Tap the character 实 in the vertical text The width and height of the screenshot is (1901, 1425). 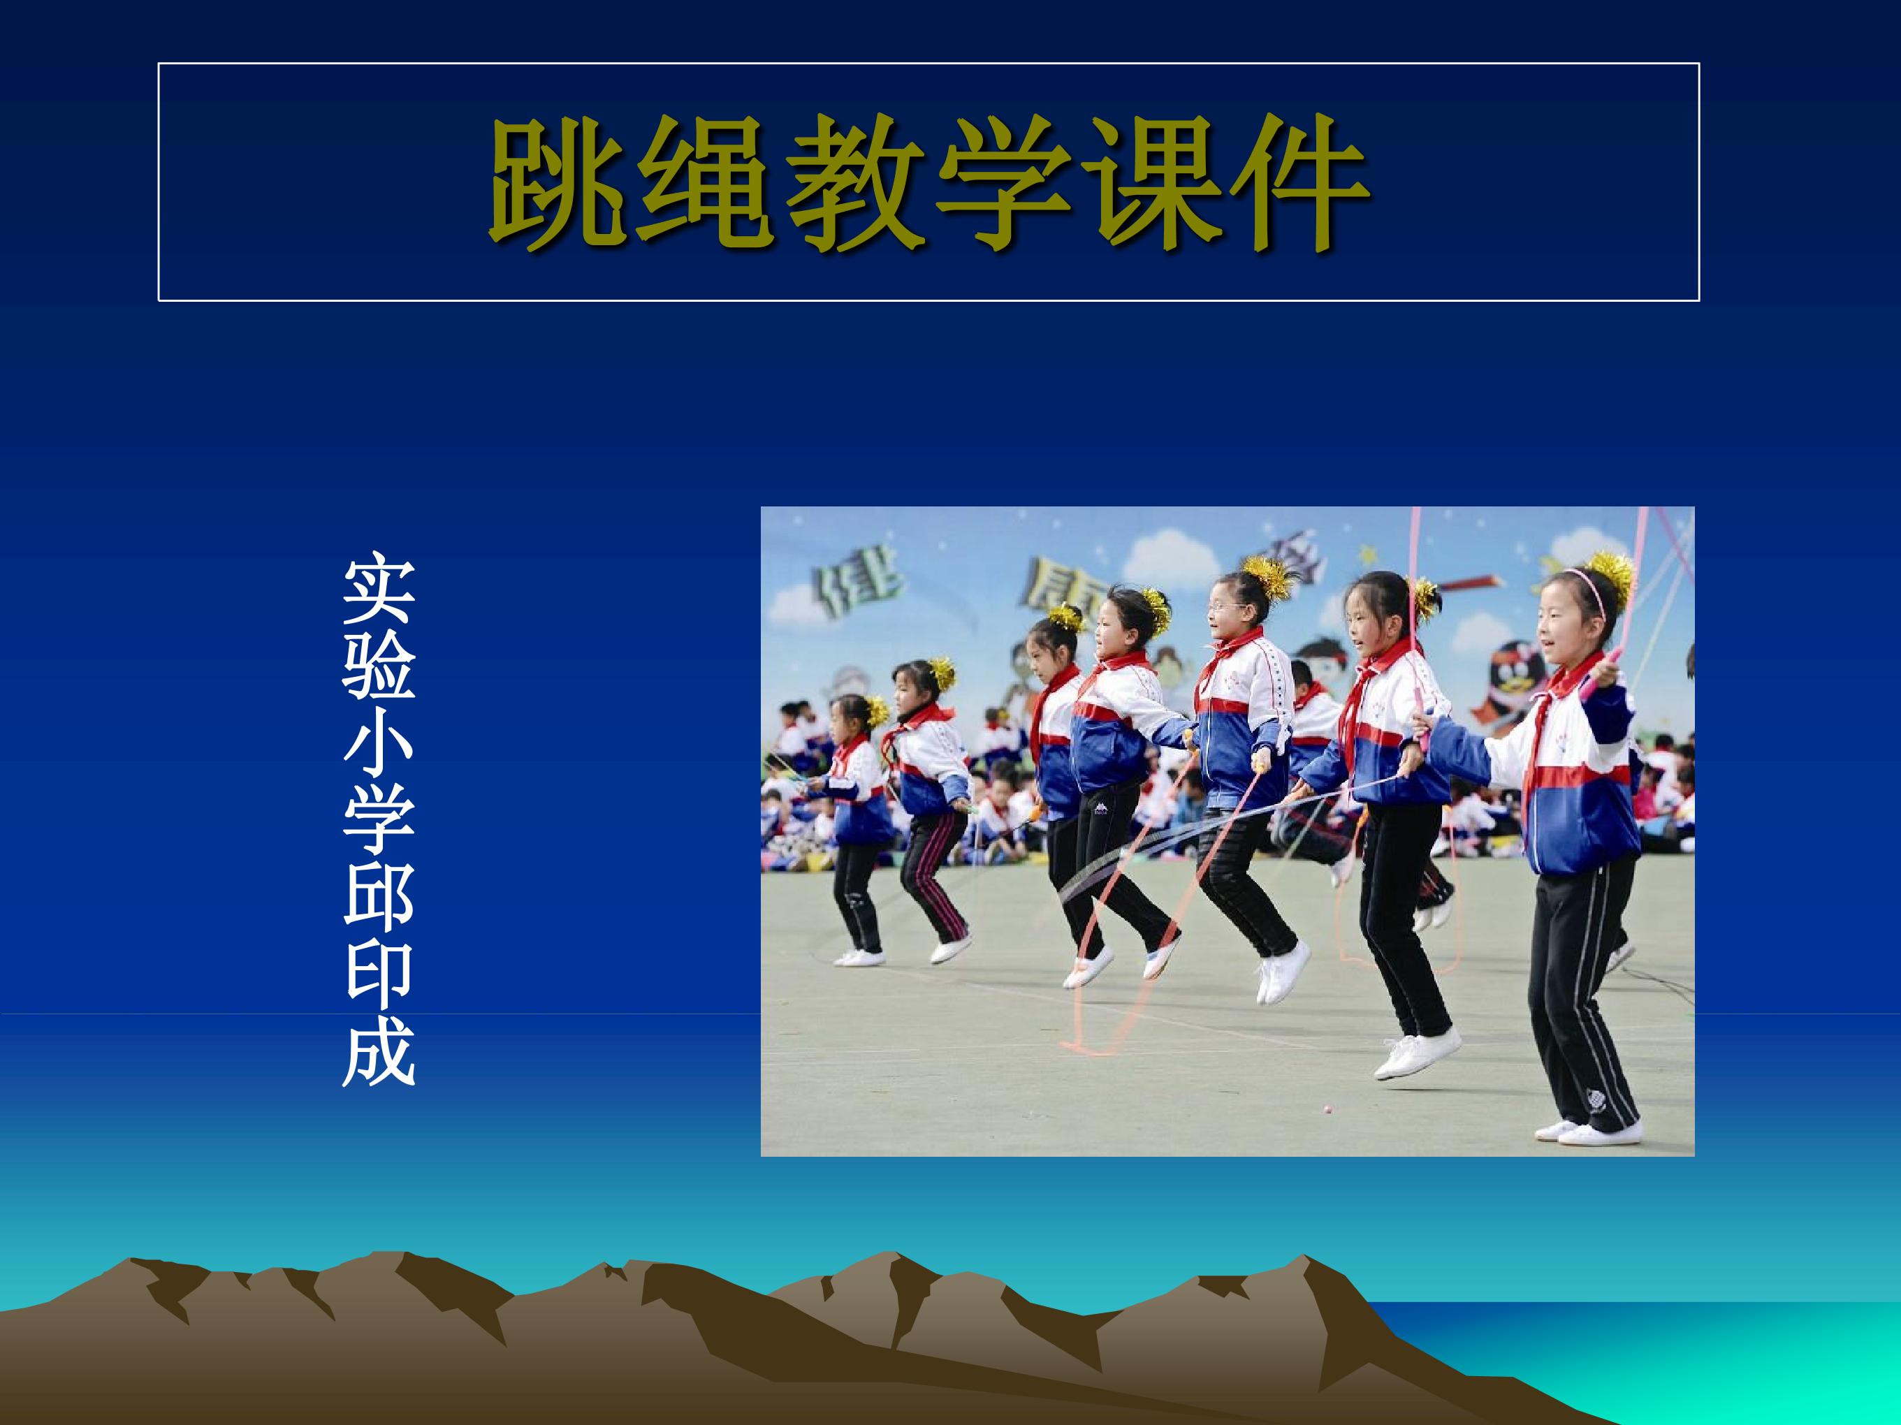tap(378, 592)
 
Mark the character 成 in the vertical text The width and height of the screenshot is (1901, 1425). tap(378, 1056)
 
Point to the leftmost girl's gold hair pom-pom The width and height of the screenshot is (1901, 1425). tap(875, 711)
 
